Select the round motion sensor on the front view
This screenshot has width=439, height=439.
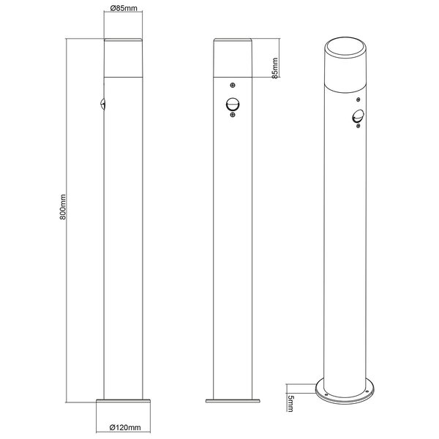point(233,106)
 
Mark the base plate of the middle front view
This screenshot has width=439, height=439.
point(233,400)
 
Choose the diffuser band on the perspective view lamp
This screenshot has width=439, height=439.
point(342,77)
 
